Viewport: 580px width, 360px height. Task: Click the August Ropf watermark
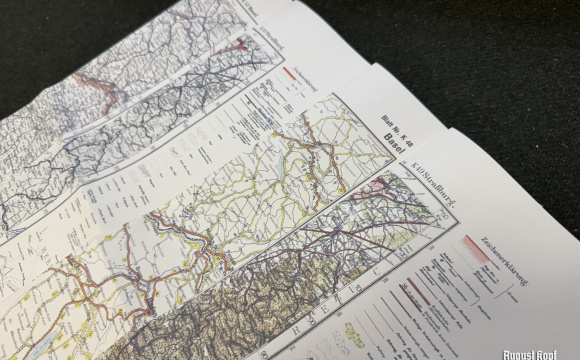coord(539,352)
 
